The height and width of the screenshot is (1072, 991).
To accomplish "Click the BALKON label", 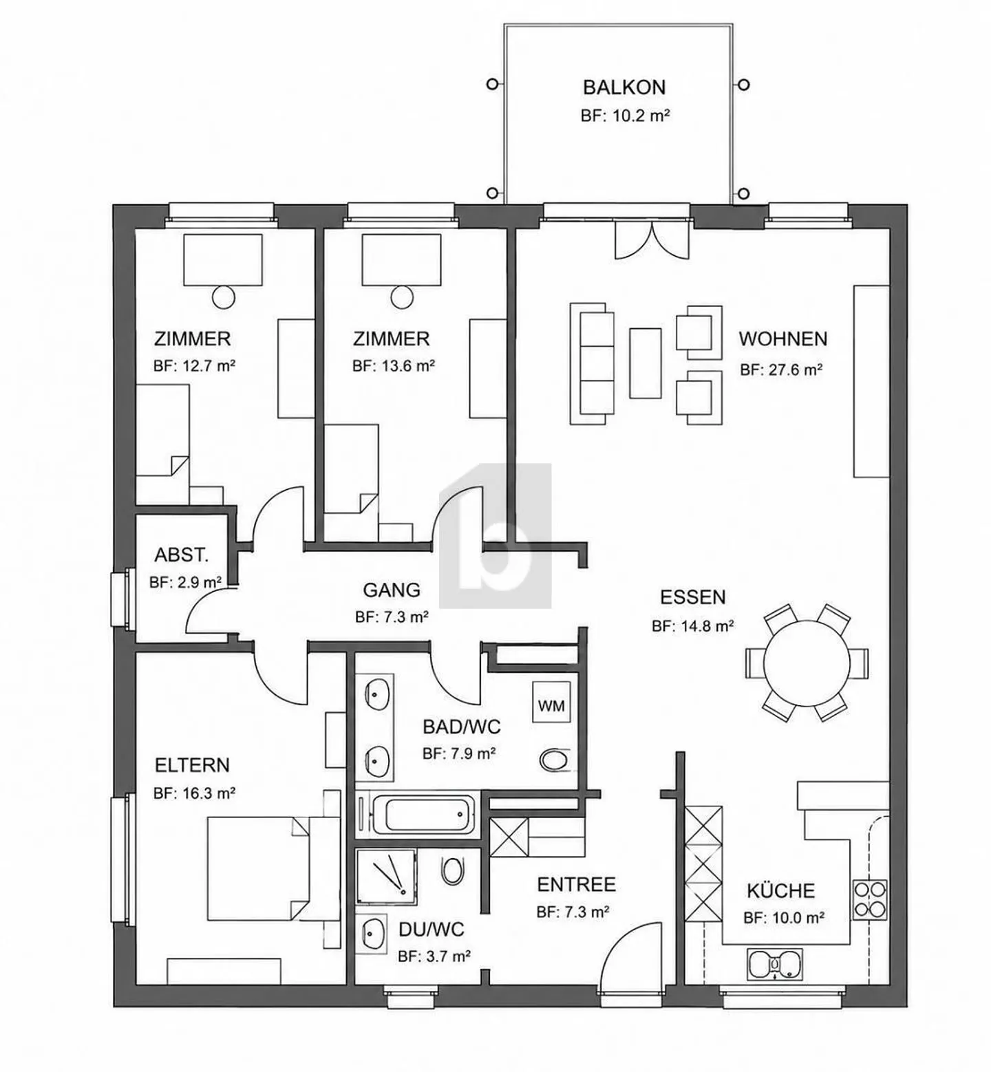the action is [x=624, y=87].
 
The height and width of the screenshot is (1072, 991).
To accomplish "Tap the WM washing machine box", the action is [x=551, y=705].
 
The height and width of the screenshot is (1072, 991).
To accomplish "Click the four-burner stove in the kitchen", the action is [x=869, y=898].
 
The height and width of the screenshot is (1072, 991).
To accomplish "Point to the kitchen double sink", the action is [x=775, y=965].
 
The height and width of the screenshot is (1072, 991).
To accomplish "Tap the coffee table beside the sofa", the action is [x=646, y=363].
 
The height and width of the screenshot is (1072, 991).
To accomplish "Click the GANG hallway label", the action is [x=392, y=590].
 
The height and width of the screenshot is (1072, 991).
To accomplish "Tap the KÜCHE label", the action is [x=780, y=890].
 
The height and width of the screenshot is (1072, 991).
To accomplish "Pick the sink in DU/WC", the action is [x=374, y=933].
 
